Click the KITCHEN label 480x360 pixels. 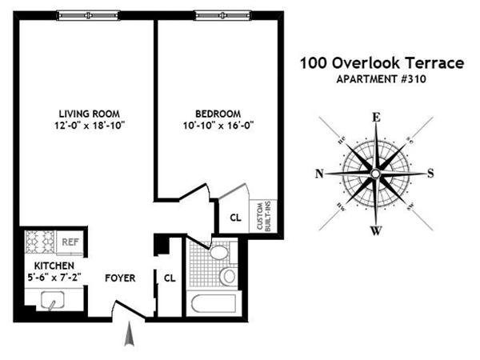click(54, 265)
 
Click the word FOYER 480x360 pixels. click(120, 278)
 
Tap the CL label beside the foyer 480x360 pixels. click(170, 278)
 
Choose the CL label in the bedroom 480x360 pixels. click(235, 216)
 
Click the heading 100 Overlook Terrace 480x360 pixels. click(381, 63)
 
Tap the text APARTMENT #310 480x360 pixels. click(381, 78)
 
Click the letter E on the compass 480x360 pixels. click(374, 117)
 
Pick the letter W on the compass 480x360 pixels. click(374, 232)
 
